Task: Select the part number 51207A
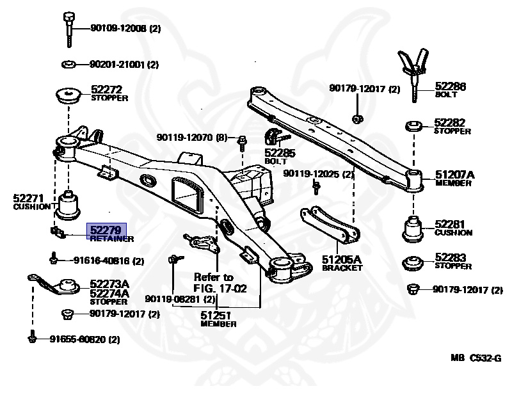coord(455,174)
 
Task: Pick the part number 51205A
coord(342,259)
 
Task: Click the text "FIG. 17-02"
coord(221,288)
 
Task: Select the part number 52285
coord(280,153)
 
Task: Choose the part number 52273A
coord(109,284)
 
